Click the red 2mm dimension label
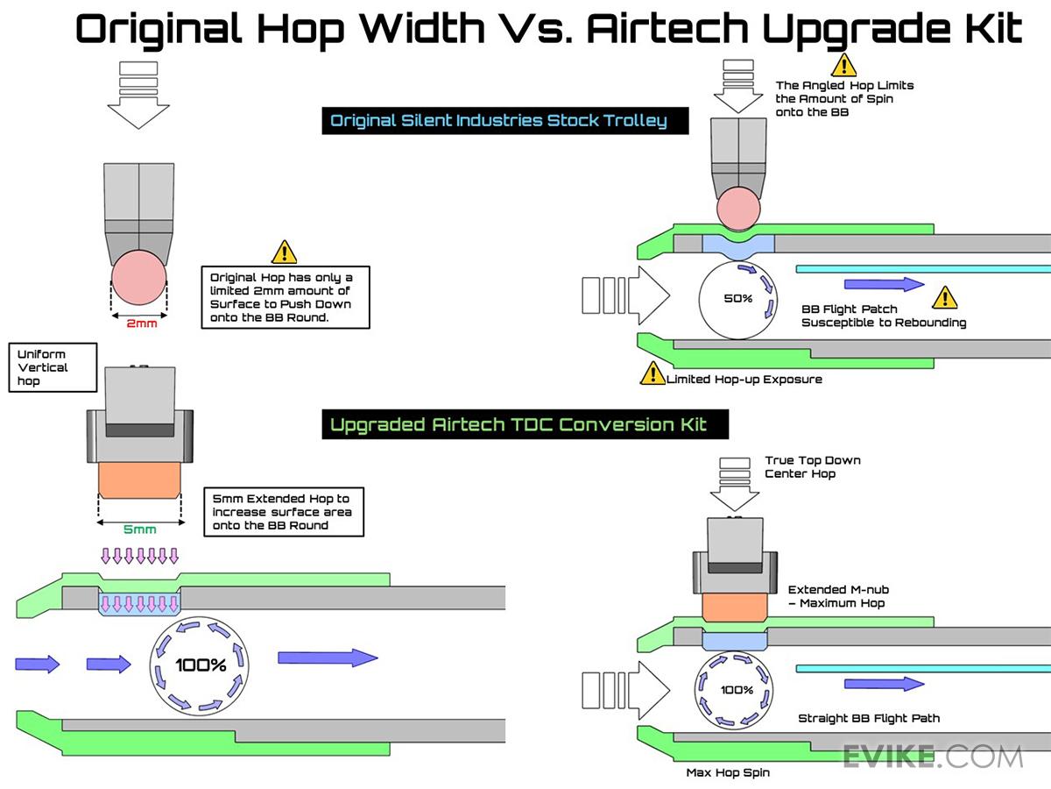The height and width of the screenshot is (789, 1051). [x=142, y=323]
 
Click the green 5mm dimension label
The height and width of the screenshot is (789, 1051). [x=140, y=530]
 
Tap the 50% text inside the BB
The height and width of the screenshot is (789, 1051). [x=737, y=298]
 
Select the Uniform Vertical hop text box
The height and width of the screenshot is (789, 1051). [x=53, y=367]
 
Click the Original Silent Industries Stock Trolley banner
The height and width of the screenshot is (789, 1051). [x=505, y=121]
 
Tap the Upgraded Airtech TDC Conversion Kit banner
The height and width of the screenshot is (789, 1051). [x=525, y=424]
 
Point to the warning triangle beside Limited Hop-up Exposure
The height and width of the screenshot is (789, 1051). [x=652, y=373]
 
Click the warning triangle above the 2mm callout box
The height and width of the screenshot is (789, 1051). [x=285, y=252]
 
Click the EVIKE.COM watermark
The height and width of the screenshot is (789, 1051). [x=933, y=757]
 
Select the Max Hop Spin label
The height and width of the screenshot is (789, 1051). [x=728, y=772]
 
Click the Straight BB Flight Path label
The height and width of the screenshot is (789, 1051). [x=869, y=718]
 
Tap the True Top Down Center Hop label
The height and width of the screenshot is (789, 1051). [x=813, y=467]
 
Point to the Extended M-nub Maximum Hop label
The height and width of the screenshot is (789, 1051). [x=838, y=596]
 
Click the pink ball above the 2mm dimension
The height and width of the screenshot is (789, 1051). [x=139, y=277]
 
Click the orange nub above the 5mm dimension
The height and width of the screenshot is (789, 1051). [x=139, y=480]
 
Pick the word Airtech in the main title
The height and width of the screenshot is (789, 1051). [x=667, y=28]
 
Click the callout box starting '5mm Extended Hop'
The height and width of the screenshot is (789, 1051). [x=284, y=512]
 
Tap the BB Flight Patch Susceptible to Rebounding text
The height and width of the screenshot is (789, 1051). [x=884, y=316]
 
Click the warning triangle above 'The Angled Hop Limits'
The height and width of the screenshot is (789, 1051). [x=843, y=65]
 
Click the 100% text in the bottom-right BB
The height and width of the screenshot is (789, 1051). [x=737, y=690]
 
